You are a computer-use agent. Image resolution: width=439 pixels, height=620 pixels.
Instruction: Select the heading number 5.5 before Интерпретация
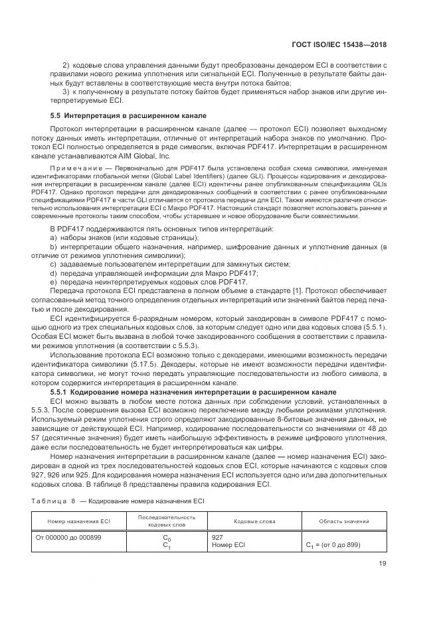pyautogui.click(x=56, y=115)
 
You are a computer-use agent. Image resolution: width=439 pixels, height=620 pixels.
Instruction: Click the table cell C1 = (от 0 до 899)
pyautogui.click(x=333, y=545)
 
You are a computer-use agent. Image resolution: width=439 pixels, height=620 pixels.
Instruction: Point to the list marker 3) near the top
pyautogui.click(x=66, y=92)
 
